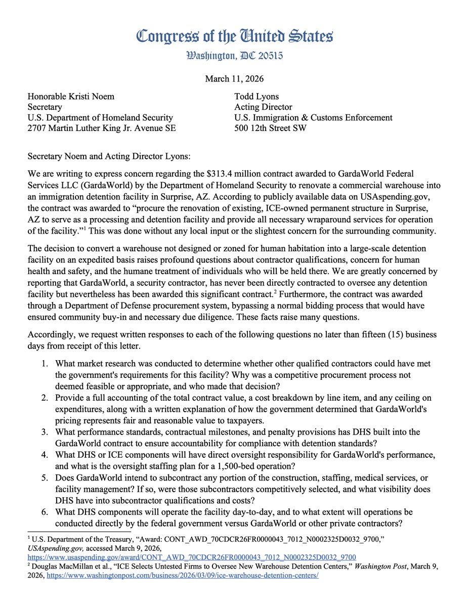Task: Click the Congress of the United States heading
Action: [234, 37]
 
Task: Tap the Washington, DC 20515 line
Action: [234, 54]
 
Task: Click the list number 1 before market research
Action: [45, 364]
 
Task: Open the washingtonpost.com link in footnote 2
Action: [183, 577]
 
